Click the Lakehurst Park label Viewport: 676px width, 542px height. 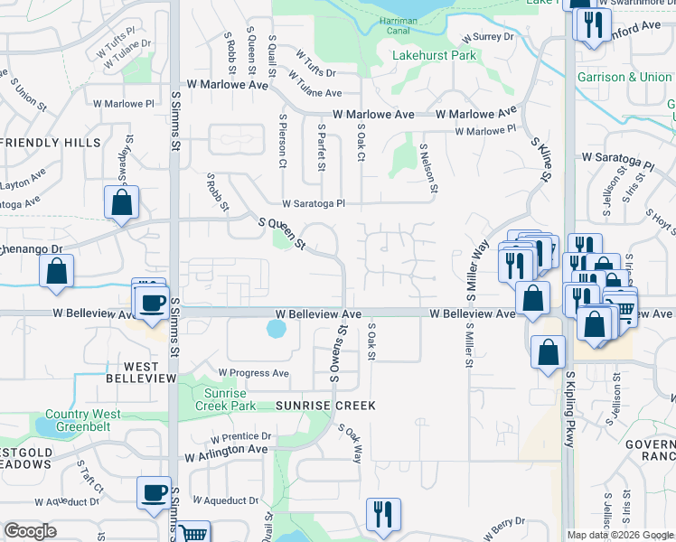point(435,55)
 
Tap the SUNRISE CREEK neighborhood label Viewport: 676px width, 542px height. point(324,406)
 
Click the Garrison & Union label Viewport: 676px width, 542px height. point(624,78)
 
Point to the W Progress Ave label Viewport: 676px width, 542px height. point(253,373)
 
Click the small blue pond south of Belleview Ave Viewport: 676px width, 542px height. point(275,330)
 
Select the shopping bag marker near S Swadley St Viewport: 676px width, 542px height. point(122,202)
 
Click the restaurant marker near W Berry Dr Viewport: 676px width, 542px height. point(383,513)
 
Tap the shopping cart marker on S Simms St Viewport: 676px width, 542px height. point(193,533)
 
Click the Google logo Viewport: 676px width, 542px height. point(31,531)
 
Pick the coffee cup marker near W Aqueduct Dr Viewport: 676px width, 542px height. point(154,492)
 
